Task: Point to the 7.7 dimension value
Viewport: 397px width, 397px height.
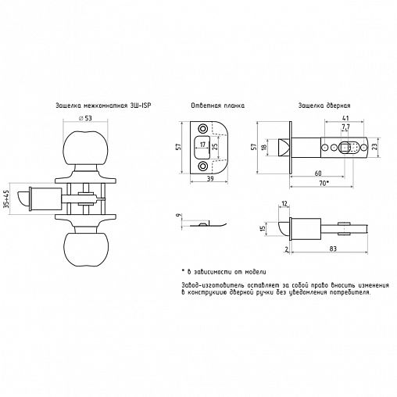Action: (x=345, y=127)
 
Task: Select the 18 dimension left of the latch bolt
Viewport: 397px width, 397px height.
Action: (x=266, y=146)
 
